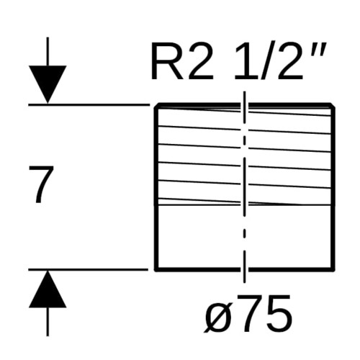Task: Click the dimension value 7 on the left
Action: pos(41,184)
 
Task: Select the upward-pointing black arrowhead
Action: pos(48,289)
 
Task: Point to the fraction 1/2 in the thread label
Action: pos(269,62)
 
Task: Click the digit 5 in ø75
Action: pos(279,313)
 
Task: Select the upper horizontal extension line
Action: pos(89,104)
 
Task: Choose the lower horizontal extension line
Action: pos(89,270)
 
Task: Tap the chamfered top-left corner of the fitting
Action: pos(157,105)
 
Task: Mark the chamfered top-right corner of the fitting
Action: pos(333,105)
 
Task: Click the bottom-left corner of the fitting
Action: pos(156,270)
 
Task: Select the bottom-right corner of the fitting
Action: pos(333,270)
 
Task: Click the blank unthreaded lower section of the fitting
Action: pos(245,237)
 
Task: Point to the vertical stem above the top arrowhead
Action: pos(48,51)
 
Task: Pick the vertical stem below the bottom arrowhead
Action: pos(48,322)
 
